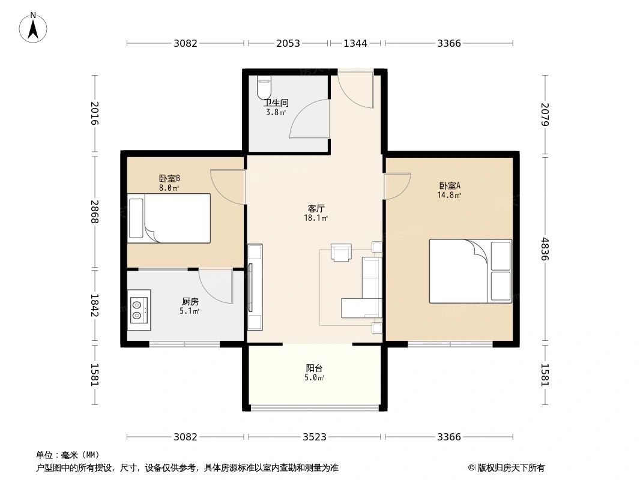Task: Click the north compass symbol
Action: pos(33,28)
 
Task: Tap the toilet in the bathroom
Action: pos(264,88)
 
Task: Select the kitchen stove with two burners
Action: pos(139,310)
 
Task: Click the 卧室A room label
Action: pos(450,185)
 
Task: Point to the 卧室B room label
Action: pos(169,178)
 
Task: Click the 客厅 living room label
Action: pos(316,208)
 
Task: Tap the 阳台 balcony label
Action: pos(314,368)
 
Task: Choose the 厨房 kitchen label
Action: pos(190,301)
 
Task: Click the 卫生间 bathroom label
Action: pos(276,103)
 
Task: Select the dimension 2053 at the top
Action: pos(288,43)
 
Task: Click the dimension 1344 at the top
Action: pos(355,43)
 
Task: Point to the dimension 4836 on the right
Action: pos(545,249)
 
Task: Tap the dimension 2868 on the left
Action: pos(94,212)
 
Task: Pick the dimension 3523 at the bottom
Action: pos(315,437)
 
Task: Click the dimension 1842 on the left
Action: pos(94,305)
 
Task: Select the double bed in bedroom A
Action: pos(470,271)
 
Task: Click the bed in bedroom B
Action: pos(169,218)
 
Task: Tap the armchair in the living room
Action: pos(341,253)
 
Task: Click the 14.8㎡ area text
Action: pos(450,195)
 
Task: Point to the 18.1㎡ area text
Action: pos(316,218)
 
